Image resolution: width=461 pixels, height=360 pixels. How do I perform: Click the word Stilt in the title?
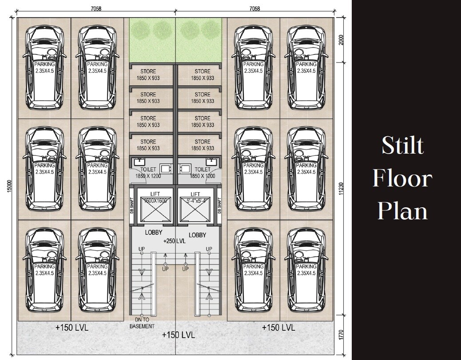click(x=402, y=145)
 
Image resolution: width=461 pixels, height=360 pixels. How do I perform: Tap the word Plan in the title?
click(x=402, y=211)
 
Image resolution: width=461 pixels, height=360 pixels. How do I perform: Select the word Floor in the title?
click(x=402, y=178)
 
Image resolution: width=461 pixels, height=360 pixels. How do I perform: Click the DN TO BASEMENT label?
click(x=142, y=323)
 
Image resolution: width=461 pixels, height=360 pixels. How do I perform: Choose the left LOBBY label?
click(x=154, y=233)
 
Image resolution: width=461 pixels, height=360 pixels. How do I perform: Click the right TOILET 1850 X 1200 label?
click(x=203, y=173)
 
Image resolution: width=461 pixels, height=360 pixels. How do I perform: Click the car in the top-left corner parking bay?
click(x=44, y=68)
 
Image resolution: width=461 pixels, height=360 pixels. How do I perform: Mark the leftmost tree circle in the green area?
click(x=141, y=30)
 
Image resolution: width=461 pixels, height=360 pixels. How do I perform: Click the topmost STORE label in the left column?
click(x=148, y=75)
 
